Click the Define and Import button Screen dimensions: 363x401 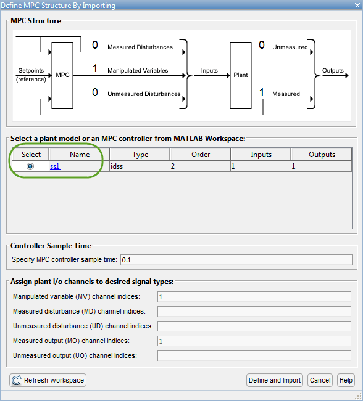275,380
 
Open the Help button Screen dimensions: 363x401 346,380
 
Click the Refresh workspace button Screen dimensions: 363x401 48,380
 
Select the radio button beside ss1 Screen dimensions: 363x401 30,166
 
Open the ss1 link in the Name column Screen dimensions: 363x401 55,166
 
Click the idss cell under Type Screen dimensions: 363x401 140,166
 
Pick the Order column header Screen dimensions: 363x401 201,155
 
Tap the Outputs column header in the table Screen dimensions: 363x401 322,155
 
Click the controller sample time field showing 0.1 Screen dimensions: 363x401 236,260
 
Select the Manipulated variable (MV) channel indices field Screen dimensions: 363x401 254,297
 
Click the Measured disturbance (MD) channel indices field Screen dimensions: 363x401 254,312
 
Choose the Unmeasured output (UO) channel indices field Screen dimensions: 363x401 254,356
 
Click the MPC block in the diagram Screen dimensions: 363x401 62,75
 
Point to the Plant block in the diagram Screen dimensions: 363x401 241,75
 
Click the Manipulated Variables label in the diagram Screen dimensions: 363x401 138,71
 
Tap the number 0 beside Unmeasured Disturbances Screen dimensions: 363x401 95,92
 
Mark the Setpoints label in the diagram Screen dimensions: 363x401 31,71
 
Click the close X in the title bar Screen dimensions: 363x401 357,5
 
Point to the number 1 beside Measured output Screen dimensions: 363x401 262,92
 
